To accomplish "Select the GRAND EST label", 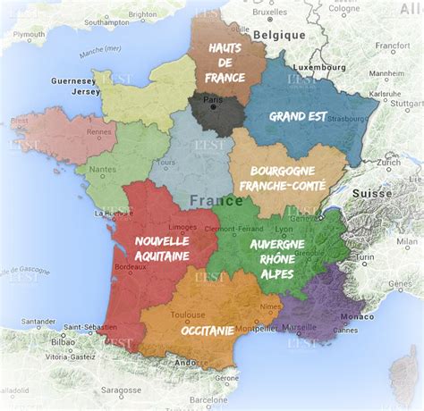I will pos(299,115).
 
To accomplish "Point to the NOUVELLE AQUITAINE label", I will pos(162,248).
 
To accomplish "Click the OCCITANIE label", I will pos(208,330).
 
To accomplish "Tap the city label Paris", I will pos(213,101).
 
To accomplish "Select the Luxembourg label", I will pos(319,67).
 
